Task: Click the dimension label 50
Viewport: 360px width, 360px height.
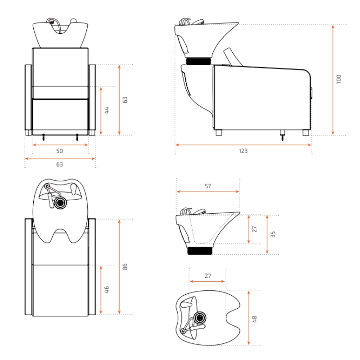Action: (59, 151)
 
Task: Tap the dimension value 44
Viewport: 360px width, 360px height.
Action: (107, 110)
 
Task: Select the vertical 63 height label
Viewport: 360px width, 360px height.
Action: (126, 99)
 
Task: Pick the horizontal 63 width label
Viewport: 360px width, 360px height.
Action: (59, 165)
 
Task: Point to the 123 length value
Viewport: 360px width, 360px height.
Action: (243, 151)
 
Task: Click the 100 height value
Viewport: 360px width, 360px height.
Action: (339, 79)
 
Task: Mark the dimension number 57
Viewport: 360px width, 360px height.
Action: (208, 185)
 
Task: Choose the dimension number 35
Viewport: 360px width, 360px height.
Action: (273, 234)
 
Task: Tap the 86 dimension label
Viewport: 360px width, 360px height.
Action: (126, 266)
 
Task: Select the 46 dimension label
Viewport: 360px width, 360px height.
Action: (107, 289)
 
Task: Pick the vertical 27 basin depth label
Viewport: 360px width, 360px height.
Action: (255, 229)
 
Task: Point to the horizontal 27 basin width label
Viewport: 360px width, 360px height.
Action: (207, 276)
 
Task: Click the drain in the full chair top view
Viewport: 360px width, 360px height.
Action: (59, 203)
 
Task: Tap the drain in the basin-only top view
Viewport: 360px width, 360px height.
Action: (199, 317)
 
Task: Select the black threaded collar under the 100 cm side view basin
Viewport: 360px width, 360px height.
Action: (198, 61)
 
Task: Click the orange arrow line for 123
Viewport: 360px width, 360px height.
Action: (243, 145)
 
